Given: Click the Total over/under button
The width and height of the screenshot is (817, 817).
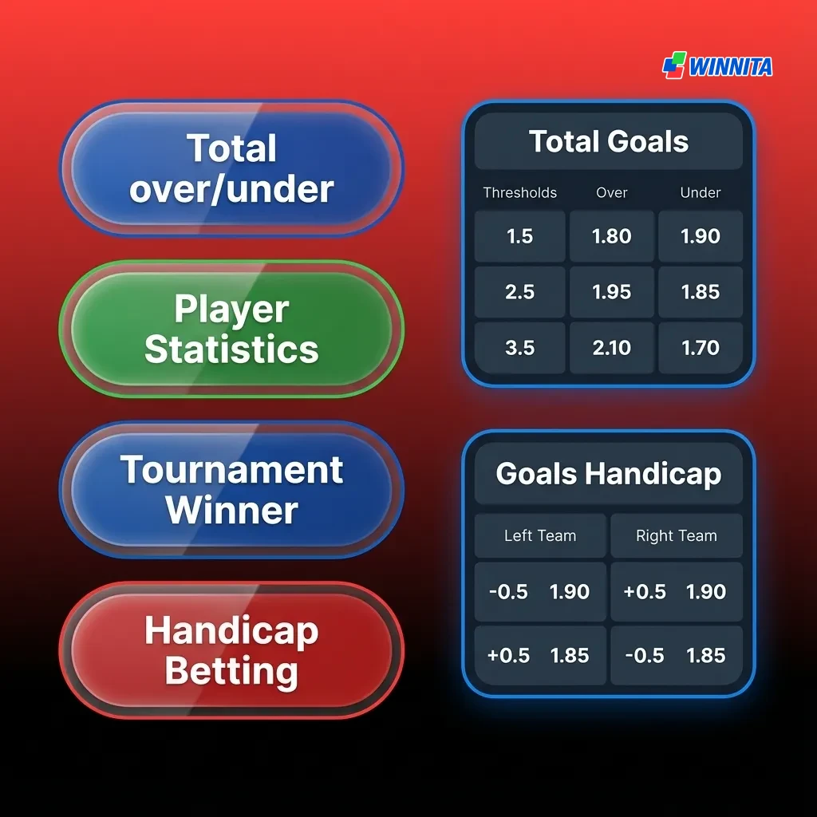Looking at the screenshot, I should click(x=231, y=169).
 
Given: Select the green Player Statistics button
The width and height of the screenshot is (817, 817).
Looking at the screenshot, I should click(x=231, y=330).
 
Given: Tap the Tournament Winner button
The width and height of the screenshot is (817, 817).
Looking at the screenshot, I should click(x=231, y=490).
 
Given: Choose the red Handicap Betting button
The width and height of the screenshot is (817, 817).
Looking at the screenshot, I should click(x=231, y=651).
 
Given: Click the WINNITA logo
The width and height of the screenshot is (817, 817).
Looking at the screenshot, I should click(x=717, y=66).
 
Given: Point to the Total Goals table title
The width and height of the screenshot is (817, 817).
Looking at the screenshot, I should click(x=609, y=142).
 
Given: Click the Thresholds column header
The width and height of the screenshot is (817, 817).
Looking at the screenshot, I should click(x=520, y=192).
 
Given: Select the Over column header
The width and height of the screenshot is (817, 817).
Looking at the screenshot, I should click(x=612, y=192).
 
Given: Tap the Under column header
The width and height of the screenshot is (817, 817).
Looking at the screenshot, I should click(x=701, y=192).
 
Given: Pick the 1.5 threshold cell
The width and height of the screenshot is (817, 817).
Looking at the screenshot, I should click(x=520, y=237).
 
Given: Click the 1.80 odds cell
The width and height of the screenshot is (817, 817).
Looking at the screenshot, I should click(x=612, y=237).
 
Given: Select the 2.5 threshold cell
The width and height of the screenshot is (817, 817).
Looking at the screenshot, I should click(x=520, y=292).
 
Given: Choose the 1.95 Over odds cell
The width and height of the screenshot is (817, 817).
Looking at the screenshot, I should click(x=612, y=292).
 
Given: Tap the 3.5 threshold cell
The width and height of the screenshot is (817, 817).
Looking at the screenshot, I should click(x=520, y=348).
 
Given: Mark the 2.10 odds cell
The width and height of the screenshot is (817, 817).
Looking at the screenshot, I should click(x=612, y=348).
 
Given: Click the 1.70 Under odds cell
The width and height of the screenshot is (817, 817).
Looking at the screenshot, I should click(x=701, y=348).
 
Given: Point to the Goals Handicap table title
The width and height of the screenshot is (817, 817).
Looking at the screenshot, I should click(x=609, y=474).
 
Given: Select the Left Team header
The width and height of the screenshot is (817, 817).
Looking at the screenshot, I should click(x=540, y=536).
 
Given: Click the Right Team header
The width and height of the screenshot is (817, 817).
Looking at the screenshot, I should click(x=677, y=536).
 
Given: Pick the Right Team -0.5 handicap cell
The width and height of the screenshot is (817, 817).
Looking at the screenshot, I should click(x=677, y=656).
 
